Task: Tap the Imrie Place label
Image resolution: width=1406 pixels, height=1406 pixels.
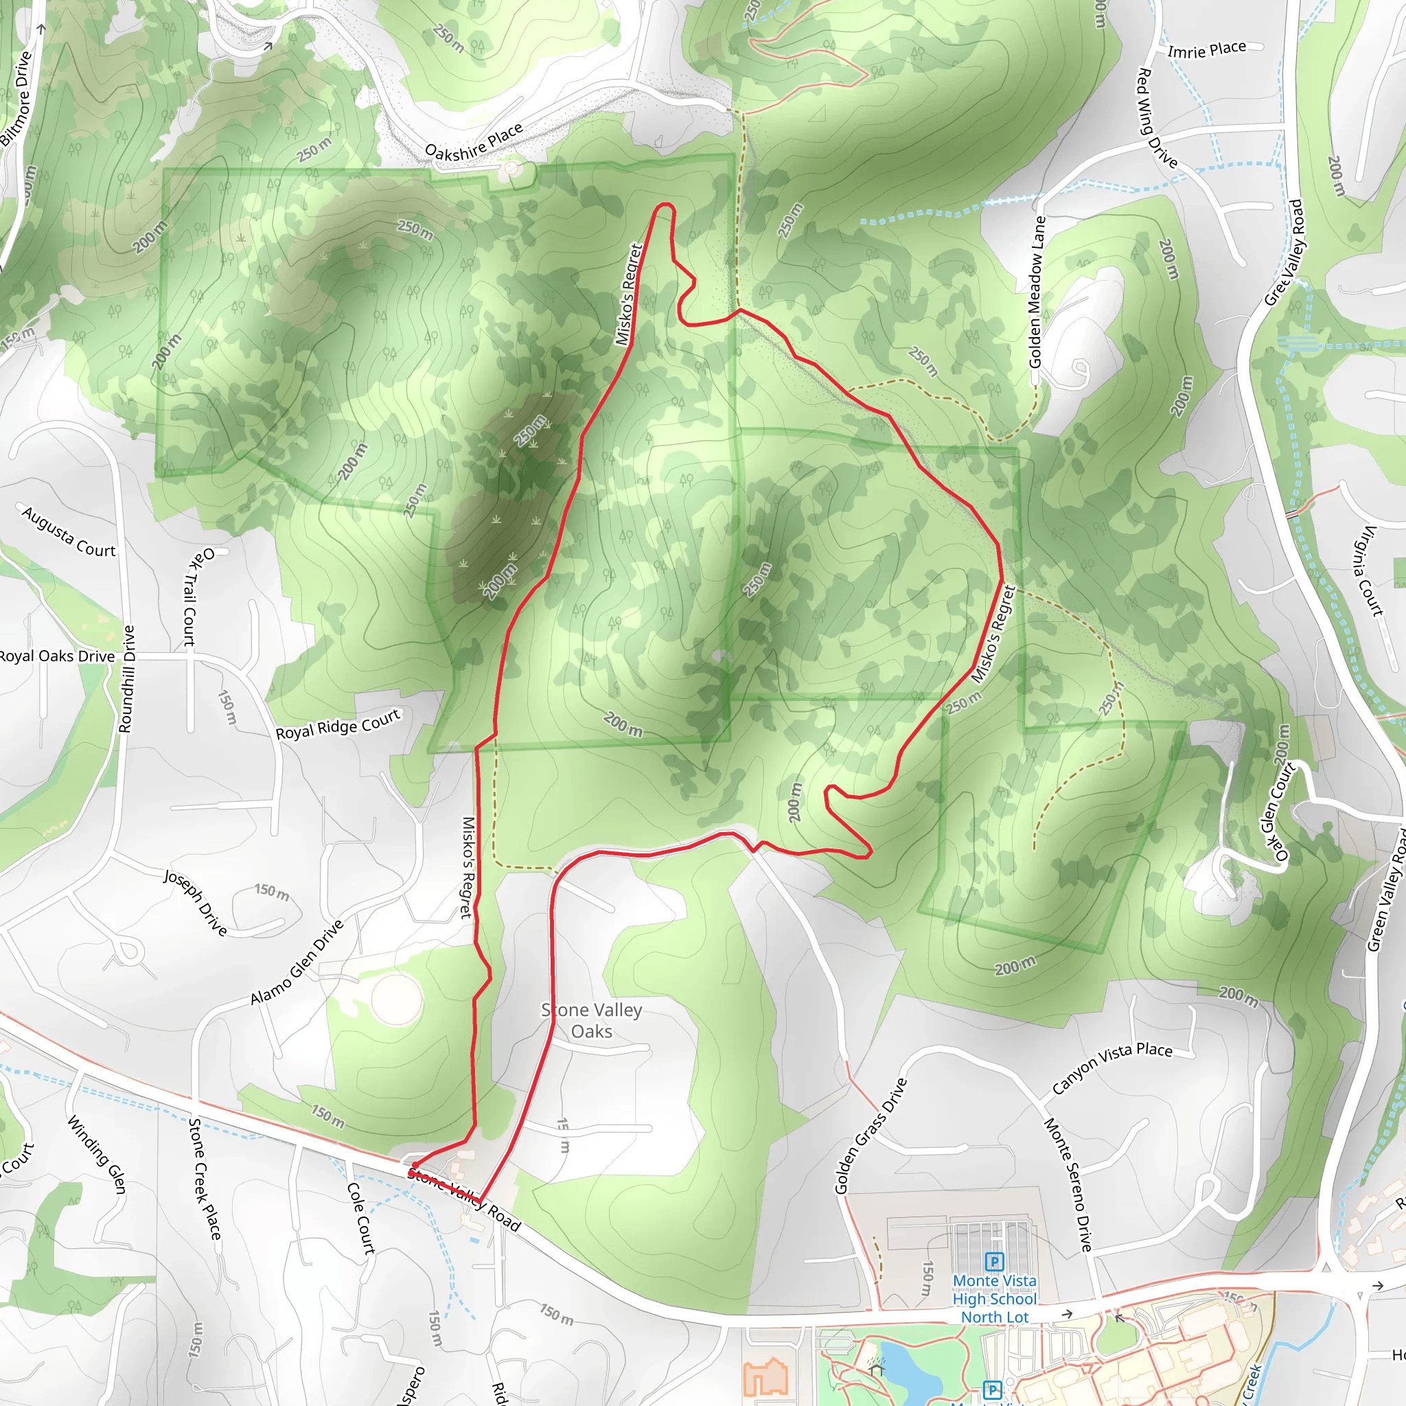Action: click(1207, 49)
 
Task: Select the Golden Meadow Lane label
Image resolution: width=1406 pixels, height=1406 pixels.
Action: click(1036, 292)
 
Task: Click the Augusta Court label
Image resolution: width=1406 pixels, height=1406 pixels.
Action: click(69, 532)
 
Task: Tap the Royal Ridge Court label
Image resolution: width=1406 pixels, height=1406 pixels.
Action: click(338, 725)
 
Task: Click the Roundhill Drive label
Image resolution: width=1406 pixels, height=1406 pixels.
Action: click(126, 678)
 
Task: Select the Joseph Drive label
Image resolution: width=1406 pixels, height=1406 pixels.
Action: click(195, 901)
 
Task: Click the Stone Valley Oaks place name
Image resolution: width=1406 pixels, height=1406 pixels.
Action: click(591, 1020)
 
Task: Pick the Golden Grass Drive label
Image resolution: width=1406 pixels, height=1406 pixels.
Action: click(871, 1136)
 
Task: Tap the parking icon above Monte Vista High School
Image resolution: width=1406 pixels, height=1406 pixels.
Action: click(994, 1261)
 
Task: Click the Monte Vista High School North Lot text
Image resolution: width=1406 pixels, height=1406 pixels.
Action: click(994, 1298)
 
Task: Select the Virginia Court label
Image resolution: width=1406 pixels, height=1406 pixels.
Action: click(1368, 571)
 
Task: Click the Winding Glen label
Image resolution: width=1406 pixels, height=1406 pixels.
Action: click(97, 1154)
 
